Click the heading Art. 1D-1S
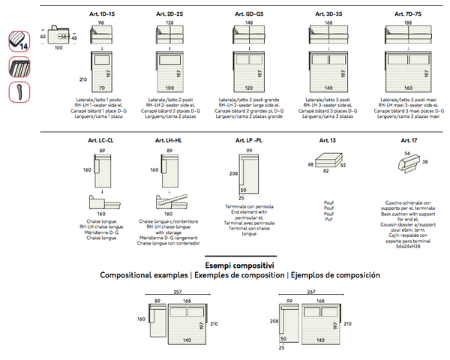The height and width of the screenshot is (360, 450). (x=100, y=14)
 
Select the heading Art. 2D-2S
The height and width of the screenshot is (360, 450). (x=169, y=14)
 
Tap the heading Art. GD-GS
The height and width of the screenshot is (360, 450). (x=248, y=14)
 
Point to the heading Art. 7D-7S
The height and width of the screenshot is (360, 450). (x=408, y=14)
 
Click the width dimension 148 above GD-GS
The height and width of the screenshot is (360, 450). (x=248, y=23)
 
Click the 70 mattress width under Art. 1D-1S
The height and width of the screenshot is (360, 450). (x=100, y=88)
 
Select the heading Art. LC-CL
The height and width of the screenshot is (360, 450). (x=100, y=141)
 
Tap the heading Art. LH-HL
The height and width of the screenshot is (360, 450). (x=169, y=141)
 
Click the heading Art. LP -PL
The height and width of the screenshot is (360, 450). (x=248, y=141)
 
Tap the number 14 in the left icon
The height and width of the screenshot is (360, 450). (x=25, y=46)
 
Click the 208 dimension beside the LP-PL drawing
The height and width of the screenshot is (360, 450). (x=233, y=174)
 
